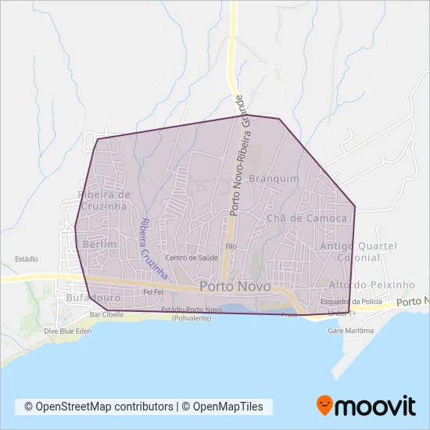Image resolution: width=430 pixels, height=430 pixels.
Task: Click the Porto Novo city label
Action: [x=235, y=287]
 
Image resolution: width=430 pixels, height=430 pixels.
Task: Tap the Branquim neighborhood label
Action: [x=274, y=178]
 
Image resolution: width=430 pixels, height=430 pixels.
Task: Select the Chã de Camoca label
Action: [x=306, y=218]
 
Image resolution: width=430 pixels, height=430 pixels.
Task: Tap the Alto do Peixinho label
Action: [x=361, y=285]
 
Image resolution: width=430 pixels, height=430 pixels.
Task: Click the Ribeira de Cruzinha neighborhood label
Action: [x=103, y=199]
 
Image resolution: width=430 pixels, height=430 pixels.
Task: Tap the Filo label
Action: [x=231, y=246]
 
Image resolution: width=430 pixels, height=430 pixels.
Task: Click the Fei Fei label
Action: [x=152, y=292]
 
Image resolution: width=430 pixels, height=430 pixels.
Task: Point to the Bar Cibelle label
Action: [x=107, y=314]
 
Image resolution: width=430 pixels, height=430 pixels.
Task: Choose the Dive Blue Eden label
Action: [x=68, y=331]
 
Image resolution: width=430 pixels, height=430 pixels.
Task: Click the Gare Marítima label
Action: [x=351, y=331]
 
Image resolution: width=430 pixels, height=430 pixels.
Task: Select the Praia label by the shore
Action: [x=289, y=315]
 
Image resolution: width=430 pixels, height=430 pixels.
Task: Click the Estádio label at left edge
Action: [x=27, y=259]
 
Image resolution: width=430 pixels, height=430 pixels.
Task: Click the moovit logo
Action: [x=365, y=405]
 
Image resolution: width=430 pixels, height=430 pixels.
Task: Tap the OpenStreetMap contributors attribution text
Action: [x=99, y=407]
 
